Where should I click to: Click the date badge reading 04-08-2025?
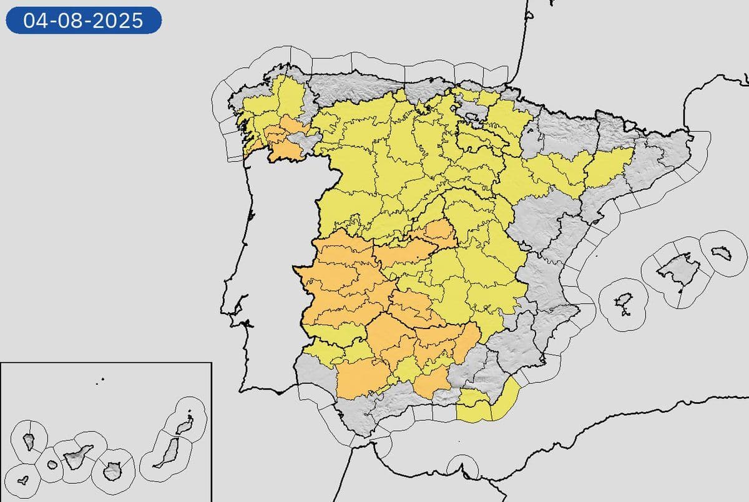[84, 21]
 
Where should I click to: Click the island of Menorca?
[723, 252]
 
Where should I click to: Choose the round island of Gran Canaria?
[113, 471]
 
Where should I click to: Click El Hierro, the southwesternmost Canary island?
[23, 481]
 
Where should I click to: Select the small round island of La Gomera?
[52, 465]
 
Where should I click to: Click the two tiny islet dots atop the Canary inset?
[100, 379]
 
